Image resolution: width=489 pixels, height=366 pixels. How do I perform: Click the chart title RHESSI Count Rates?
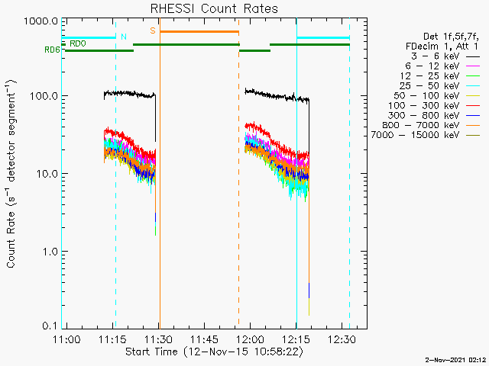213,8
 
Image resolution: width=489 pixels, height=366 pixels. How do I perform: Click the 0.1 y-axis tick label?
50,326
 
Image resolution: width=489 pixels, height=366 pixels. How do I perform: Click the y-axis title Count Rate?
12,175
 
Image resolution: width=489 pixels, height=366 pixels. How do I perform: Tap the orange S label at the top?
153,30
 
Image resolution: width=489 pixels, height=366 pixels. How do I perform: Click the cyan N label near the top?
123,37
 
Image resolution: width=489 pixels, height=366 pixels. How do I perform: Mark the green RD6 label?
52,50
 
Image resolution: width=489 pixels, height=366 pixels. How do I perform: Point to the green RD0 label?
77,44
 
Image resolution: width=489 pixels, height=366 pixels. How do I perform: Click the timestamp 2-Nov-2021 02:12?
456,358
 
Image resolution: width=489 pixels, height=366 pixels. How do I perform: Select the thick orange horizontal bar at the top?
199,31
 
